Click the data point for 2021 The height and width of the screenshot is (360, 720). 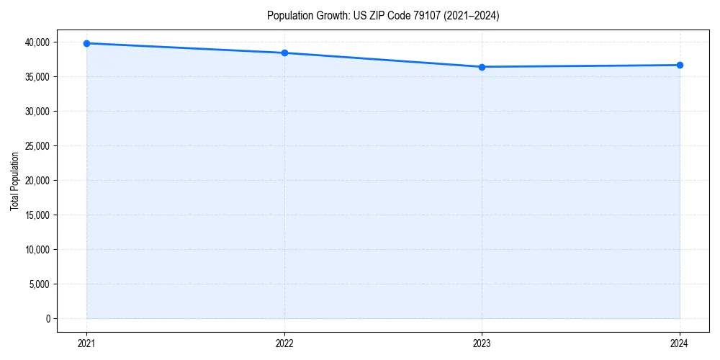click(x=86, y=43)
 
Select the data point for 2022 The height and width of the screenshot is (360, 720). click(x=284, y=53)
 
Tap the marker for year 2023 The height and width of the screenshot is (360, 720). click(x=482, y=67)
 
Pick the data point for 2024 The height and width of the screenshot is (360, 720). click(x=680, y=66)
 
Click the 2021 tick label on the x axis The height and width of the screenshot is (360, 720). click(x=86, y=343)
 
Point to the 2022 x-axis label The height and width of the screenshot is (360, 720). click(x=284, y=343)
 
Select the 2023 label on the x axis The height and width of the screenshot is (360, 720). click(x=482, y=343)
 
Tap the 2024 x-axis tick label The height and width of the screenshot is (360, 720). click(x=680, y=343)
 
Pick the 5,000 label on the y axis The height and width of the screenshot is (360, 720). click(x=40, y=284)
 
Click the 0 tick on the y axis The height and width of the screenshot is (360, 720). click(x=48, y=319)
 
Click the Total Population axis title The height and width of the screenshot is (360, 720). click(x=14, y=181)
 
